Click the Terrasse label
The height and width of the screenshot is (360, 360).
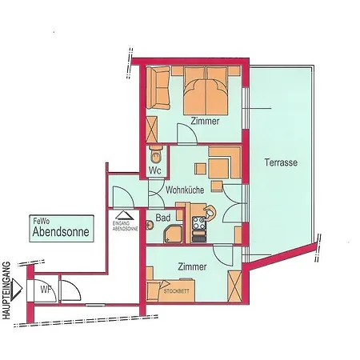(281, 162)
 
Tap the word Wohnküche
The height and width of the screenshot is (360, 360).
(184, 190)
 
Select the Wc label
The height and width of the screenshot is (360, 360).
(156, 170)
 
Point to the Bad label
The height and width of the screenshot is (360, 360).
(163, 218)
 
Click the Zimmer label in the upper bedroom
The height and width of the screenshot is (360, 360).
(205, 120)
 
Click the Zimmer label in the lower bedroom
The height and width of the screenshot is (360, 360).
(193, 266)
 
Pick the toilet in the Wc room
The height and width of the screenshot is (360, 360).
(156, 154)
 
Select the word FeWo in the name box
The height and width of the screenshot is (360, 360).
(40, 222)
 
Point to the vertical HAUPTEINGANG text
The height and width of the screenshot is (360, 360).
(7, 290)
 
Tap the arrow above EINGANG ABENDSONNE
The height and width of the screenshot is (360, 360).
(122, 213)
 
